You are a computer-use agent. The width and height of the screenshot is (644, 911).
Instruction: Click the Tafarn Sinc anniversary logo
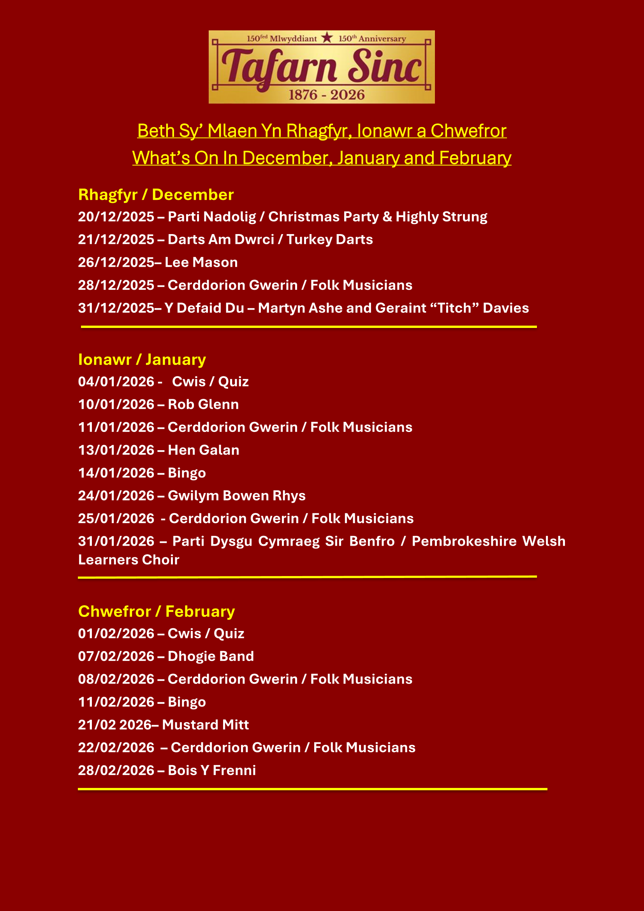[322, 67]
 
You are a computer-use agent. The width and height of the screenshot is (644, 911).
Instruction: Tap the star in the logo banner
[327, 38]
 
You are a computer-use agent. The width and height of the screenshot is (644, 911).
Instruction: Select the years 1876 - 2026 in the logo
[326, 95]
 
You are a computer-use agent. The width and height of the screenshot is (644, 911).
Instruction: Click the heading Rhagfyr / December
[156, 195]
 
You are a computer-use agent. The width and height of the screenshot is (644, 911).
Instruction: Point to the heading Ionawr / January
[142, 359]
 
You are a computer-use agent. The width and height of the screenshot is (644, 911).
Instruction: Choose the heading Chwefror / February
[156, 611]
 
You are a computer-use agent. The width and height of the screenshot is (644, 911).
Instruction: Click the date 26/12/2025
[116, 263]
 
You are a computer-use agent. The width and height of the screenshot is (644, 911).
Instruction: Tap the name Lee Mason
[201, 263]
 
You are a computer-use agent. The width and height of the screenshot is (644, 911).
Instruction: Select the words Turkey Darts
[329, 240]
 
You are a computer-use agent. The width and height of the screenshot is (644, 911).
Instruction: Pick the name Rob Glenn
[203, 405]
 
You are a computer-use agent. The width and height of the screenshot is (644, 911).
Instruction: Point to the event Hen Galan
[203, 450]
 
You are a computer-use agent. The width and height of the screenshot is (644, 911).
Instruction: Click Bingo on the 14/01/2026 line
[187, 473]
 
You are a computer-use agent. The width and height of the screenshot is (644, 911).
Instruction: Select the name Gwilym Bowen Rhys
[236, 496]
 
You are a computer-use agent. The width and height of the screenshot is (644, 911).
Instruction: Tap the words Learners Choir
[128, 560]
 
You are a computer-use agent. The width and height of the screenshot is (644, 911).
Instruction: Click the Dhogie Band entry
[211, 657]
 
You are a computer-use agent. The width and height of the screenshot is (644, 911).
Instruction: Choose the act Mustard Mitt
[206, 725]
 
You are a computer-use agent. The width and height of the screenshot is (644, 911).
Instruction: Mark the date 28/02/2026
[116, 770]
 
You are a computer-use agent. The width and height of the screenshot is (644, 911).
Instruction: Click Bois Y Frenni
[212, 770]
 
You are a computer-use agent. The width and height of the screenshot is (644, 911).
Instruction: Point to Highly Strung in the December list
[442, 217]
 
